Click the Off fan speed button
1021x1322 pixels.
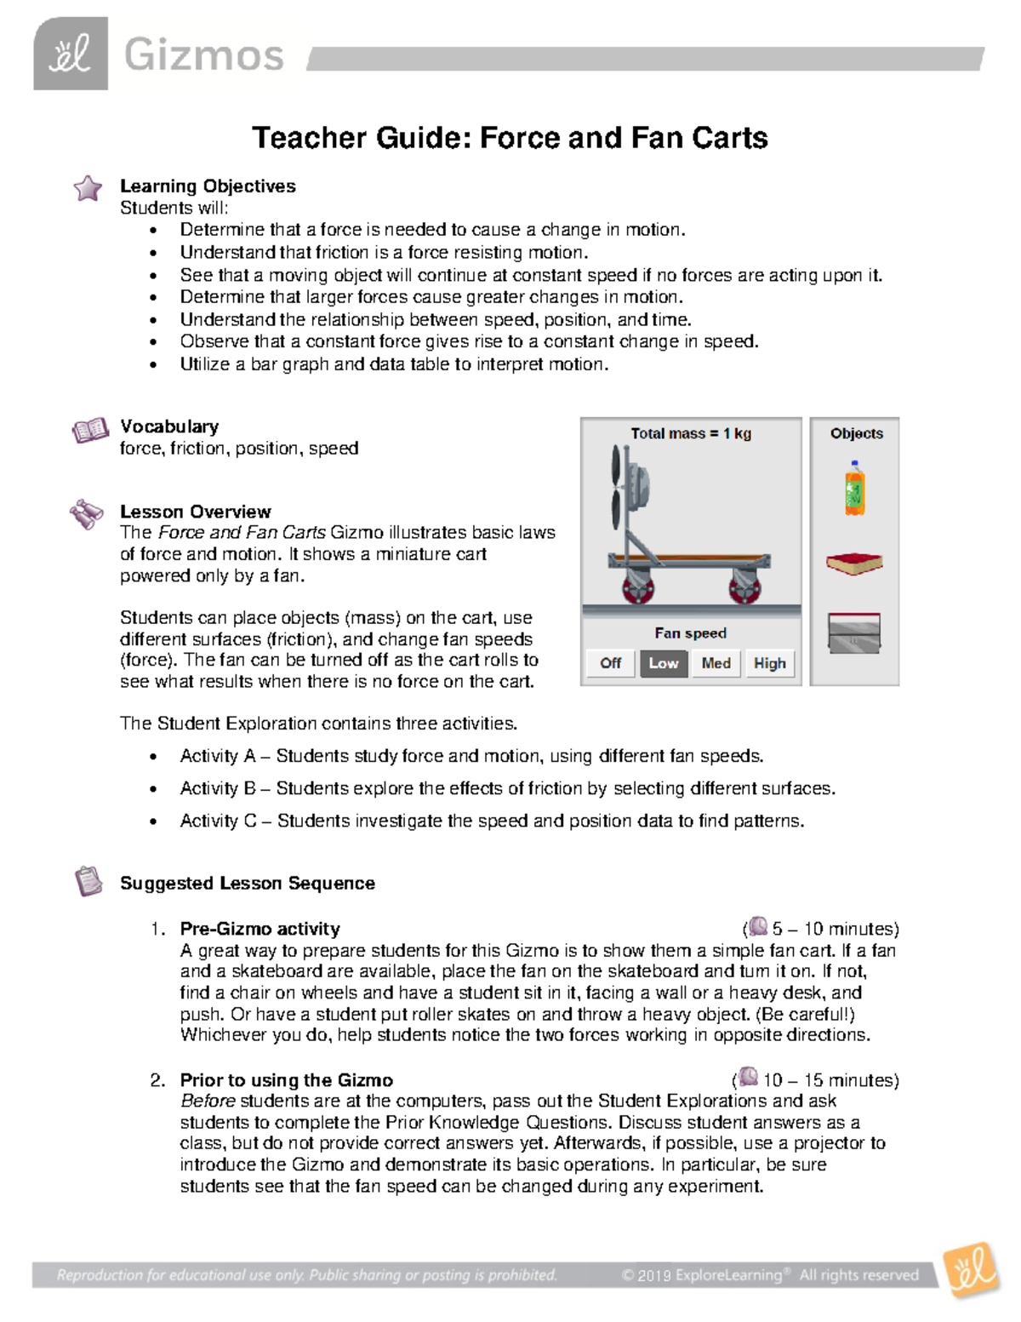pos(610,663)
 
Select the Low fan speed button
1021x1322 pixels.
pos(664,663)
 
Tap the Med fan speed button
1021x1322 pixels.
pos(716,663)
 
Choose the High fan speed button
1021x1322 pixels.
pos(769,663)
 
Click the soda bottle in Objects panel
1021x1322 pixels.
pos(854,489)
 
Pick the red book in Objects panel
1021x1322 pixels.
pos(854,563)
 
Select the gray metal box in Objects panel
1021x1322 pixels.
pos(854,633)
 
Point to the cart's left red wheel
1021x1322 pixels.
pos(636,588)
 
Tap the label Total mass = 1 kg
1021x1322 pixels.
pos(690,433)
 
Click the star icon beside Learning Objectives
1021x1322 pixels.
pos(88,188)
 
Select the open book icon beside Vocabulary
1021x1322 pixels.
pos(90,430)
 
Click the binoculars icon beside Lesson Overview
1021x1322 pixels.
pos(87,514)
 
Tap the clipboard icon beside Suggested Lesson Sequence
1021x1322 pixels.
pos(88,881)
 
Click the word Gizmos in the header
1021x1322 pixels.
pos(203,56)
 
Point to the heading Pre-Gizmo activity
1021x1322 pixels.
pos(260,929)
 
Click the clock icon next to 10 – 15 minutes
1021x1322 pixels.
pos(748,1077)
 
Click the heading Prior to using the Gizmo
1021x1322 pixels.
pos(286,1080)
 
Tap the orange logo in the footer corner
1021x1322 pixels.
pos(972,1269)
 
